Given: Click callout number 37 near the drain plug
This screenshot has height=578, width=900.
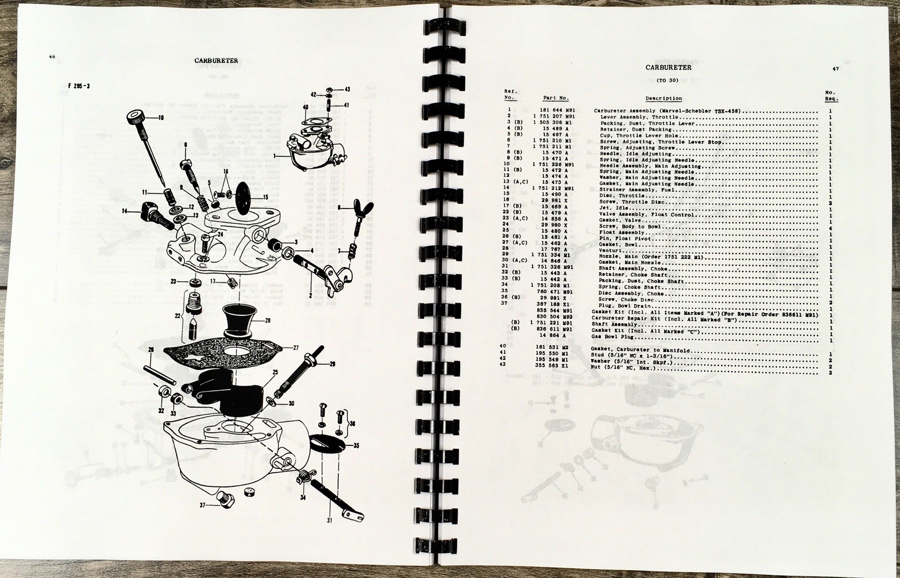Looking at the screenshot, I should [205, 504].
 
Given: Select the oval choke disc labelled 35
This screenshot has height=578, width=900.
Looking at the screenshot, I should [328, 444].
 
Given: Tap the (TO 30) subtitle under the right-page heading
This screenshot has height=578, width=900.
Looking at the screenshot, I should [668, 79].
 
